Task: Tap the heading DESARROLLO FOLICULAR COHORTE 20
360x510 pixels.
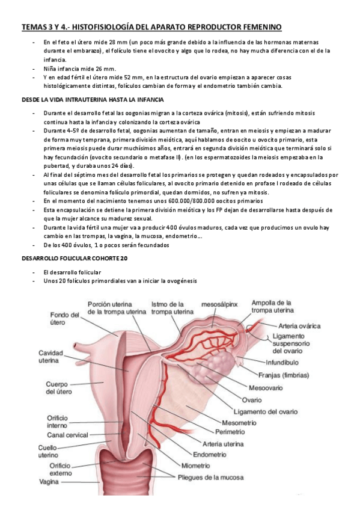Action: [73, 257]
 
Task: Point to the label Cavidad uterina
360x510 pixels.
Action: [55, 357]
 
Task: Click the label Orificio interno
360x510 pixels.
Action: [61, 422]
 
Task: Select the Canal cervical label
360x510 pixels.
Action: [67, 435]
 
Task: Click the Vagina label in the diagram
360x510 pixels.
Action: [49, 481]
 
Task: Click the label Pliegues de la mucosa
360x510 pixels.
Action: [210, 478]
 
